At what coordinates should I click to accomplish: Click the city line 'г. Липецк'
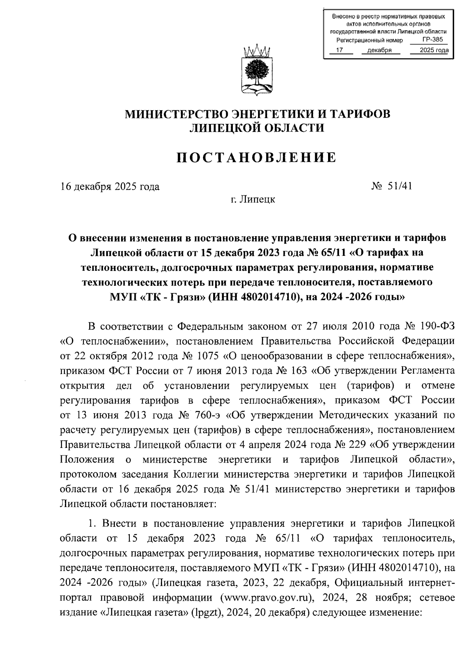[253, 199]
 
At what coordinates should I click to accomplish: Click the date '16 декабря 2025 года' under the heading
[110, 186]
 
